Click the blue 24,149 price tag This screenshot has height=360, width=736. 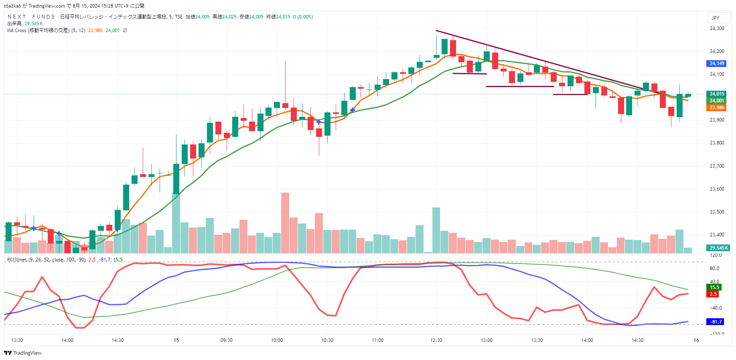point(717,63)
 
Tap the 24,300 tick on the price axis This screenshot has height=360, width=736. point(717,28)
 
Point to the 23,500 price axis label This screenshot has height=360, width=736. point(717,212)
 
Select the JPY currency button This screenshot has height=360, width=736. point(716,18)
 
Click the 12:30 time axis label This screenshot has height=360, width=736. point(436,340)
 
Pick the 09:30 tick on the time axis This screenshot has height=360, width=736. point(227,340)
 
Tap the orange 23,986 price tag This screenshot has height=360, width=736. point(717,108)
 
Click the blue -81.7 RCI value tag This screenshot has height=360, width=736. point(716,322)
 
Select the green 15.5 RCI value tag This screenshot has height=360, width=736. point(714,287)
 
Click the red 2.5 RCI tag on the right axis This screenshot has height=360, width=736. point(713,294)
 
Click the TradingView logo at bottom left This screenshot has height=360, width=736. point(23,353)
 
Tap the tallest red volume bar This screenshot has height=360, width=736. point(285,223)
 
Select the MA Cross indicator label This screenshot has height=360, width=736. point(38,31)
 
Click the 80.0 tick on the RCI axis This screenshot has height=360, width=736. point(714,268)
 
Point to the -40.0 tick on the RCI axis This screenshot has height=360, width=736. point(715,308)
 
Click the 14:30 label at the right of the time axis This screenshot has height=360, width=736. point(637,340)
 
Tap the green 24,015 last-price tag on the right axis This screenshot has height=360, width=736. point(717,94)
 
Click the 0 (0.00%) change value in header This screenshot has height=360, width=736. point(303,17)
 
